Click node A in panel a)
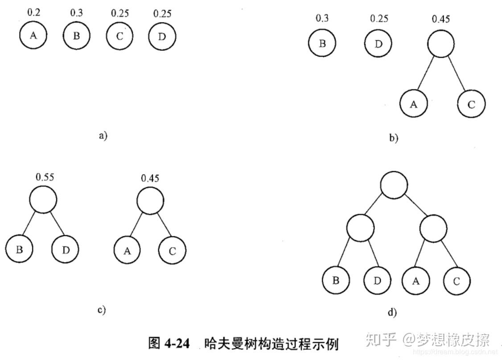pos(33,35)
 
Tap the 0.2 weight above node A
pos(33,12)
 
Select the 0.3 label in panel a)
pos(77,13)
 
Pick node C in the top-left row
pos(120,36)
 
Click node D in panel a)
pos(162,37)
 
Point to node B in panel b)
pos(322,43)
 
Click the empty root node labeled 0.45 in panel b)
pos(441,44)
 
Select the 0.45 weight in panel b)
pos(441,19)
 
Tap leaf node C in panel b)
pos(471,104)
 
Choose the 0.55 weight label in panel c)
pos(45,177)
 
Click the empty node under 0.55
pos(43,199)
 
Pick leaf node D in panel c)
pos(65,249)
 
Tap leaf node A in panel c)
pos(128,250)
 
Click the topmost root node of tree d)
pos(394,185)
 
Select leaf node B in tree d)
pos(336,280)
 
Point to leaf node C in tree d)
pos(457,281)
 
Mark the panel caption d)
pos(392,312)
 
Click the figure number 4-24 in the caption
pos(177,344)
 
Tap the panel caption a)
pos(103,135)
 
